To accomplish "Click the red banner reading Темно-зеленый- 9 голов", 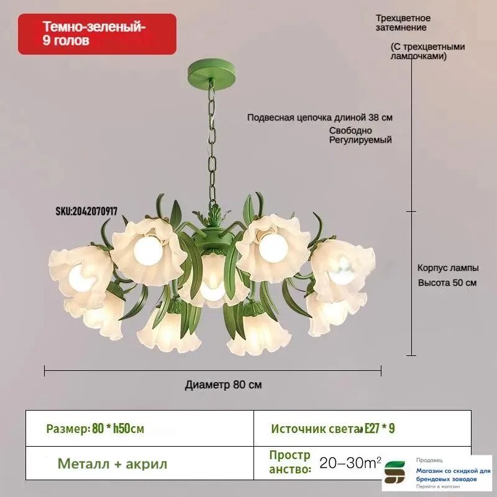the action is point(97,34).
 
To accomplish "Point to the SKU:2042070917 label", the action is point(86,211).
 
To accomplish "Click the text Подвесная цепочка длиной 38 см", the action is point(319,117).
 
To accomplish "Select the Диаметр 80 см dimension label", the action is point(223,385).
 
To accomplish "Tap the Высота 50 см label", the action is point(447,283).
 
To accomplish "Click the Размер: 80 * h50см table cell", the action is point(139,428).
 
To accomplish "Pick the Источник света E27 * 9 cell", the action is point(362,428).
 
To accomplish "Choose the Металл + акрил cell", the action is point(139,463).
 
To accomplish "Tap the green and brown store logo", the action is point(394,472).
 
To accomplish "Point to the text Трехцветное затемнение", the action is point(403,23).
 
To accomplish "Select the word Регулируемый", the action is point(360,140).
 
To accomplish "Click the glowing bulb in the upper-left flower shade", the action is point(148,251).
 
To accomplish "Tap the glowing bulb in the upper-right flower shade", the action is point(273,248).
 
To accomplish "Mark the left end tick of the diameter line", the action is point(44,370).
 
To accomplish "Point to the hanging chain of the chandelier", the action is point(212,143).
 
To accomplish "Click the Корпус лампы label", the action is point(448,268).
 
